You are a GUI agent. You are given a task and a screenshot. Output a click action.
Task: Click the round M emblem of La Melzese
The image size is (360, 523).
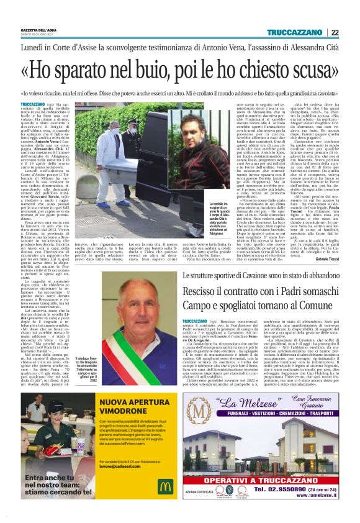[200, 412]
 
